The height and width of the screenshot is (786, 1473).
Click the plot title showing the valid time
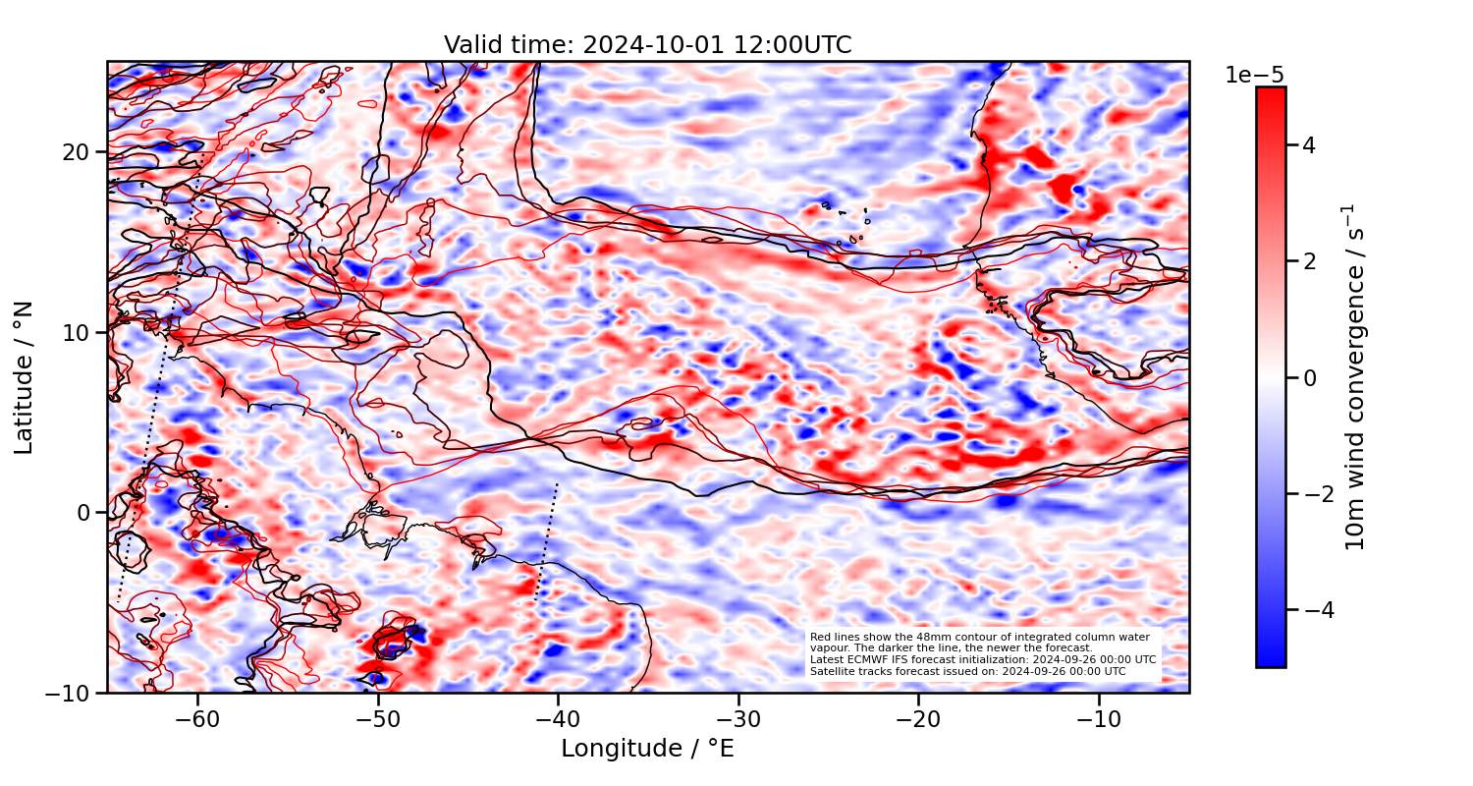coord(647,45)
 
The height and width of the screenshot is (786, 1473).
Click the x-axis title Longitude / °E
coord(647,749)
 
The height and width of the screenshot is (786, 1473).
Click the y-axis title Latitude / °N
coord(25,377)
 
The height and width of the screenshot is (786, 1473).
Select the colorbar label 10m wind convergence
coord(1356,377)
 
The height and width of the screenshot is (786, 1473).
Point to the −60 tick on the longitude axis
coord(197,718)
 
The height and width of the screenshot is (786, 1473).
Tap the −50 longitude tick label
coord(378,718)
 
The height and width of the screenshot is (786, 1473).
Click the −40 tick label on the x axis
coord(558,718)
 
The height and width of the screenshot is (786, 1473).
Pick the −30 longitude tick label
coord(738,718)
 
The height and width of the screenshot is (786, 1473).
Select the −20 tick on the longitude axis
coord(918,718)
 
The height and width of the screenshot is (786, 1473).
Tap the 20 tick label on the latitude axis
coord(79,152)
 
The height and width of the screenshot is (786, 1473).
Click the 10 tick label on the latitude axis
coord(79,332)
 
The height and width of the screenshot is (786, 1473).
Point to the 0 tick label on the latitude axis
coord(85,513)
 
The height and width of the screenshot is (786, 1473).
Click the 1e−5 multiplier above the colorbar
coord(1254,76)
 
